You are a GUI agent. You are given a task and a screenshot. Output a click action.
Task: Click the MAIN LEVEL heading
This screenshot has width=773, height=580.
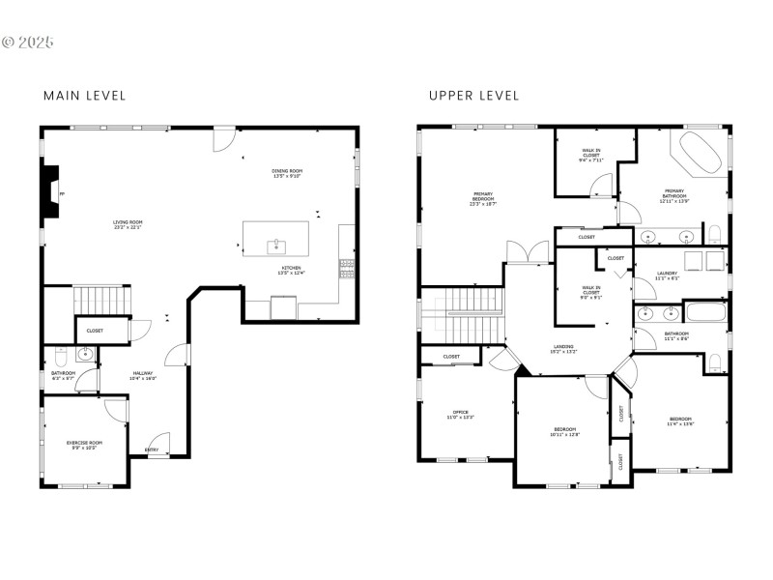[x=85, y=96]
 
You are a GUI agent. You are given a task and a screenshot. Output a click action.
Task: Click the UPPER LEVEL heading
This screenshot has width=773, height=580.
[x=474, y=96]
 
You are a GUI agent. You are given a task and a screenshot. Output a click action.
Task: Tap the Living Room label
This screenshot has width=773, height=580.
[x=128, y=224]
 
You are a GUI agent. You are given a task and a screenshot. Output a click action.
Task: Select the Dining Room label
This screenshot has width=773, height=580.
[x=287, y=174]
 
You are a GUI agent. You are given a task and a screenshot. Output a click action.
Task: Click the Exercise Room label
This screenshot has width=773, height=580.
[x=84, y=445]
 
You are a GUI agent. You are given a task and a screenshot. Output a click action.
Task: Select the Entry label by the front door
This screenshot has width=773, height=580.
[x=152, y=449]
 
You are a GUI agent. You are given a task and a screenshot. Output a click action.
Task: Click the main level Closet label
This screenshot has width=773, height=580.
[x=95, y=331]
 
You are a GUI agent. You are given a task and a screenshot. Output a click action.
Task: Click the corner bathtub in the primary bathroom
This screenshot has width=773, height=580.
[x=699, y=151]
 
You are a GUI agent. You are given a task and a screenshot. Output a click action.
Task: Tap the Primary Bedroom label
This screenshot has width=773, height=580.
[x=483, y=197]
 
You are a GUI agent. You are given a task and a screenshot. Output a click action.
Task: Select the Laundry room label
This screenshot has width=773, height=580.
[x=668, y=275]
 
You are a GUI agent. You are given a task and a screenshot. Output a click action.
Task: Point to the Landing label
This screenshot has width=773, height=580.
[x=563, y=348]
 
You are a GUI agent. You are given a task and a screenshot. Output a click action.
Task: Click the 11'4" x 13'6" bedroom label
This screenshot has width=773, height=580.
[x=680, y=421]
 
